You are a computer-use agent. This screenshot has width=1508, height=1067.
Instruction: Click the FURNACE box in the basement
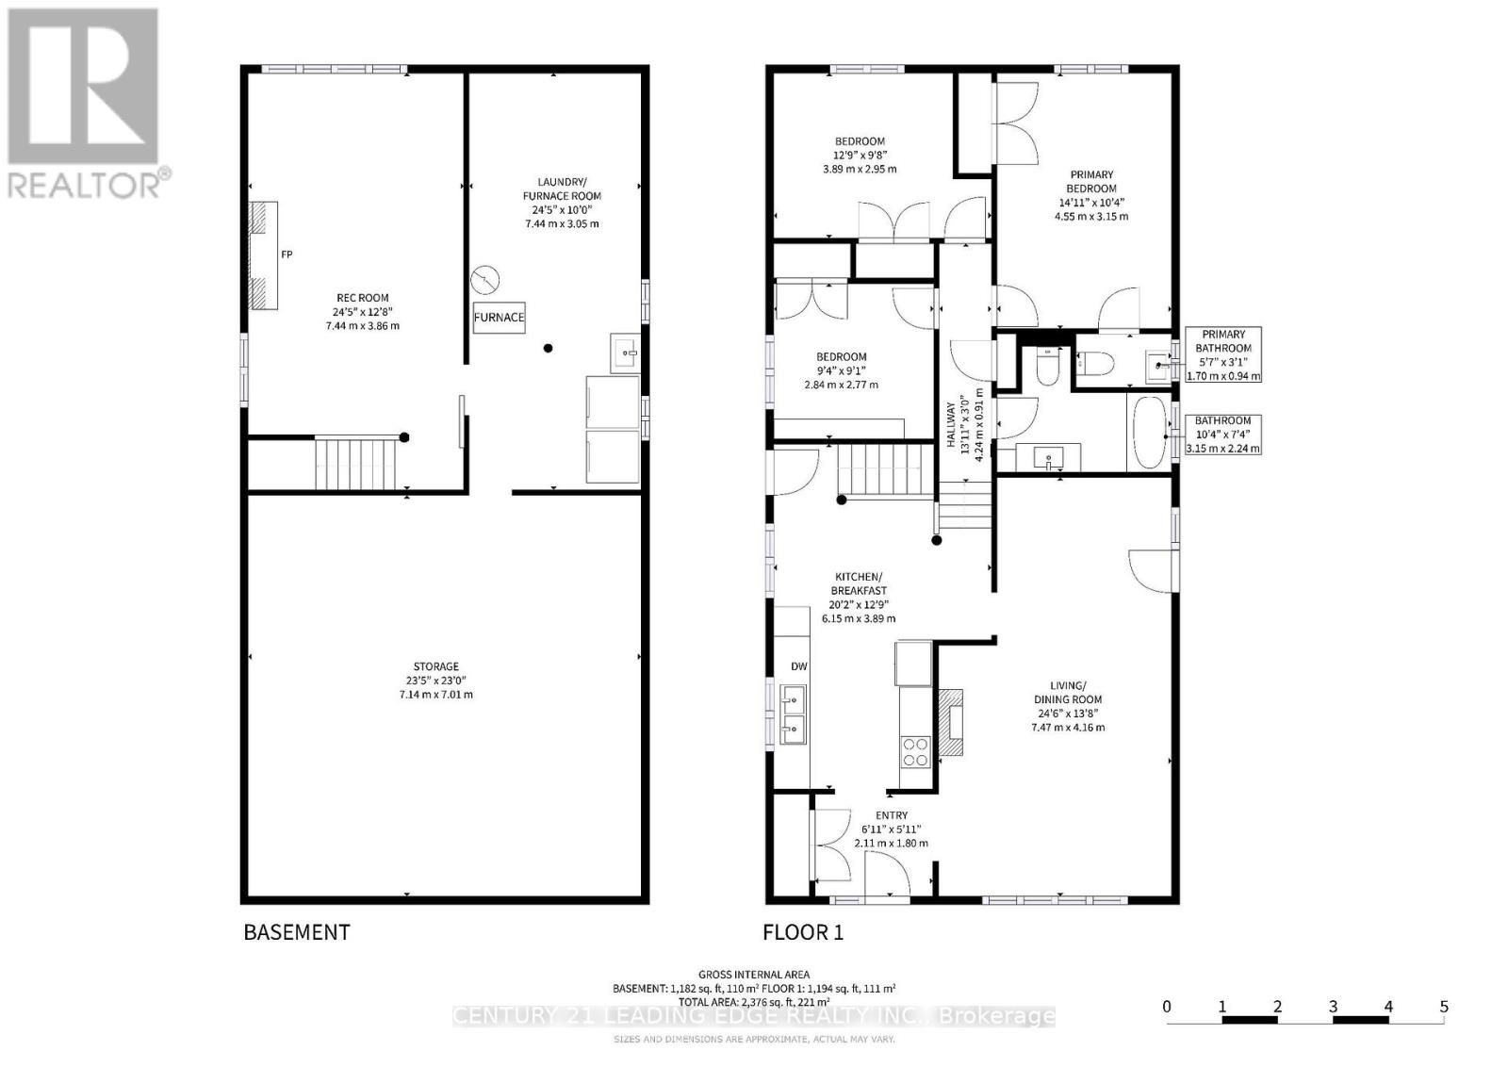(499, 318)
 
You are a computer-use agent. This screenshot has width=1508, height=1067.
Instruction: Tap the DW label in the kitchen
(798, 666)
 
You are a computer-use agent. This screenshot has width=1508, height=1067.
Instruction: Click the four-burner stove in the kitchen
(915, 751)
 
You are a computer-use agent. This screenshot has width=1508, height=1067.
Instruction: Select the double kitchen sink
(793, 714)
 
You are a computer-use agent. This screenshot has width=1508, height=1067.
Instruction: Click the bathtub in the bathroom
(1149, 434)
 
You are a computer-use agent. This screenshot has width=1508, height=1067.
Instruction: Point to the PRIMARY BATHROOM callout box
(1222, 354)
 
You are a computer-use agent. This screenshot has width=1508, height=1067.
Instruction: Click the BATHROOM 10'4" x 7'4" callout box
(1222, 435)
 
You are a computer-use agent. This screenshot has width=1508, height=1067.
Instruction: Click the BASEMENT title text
(297, 932)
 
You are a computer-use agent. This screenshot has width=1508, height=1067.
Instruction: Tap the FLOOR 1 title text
(803, 932)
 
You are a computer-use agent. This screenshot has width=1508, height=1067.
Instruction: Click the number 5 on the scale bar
(1443, 1007)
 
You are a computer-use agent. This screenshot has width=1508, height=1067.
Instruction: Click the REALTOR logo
(85, 104)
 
